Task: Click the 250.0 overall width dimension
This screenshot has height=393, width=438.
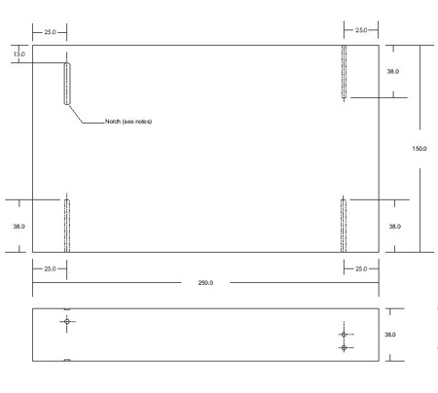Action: (205, 283)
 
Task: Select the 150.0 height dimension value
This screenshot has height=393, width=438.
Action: (420, 149)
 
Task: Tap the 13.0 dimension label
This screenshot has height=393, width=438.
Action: (19, 54)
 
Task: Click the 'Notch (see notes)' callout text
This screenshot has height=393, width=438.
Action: (128, 122)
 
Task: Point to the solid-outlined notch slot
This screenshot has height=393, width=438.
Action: (67, 84)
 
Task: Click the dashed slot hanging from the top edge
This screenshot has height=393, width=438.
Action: (344, 71)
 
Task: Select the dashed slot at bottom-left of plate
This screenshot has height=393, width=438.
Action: (67, 226)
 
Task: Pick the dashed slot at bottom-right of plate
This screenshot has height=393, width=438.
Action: (344, 226)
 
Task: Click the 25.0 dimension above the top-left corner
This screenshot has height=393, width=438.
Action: (50, 32)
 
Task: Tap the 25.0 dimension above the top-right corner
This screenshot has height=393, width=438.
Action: (361, 30)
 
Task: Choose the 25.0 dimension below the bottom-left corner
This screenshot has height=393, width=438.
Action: (50, 268)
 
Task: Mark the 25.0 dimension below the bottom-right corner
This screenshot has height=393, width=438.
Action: (361, 268)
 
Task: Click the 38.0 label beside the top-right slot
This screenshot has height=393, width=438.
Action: (393, 71)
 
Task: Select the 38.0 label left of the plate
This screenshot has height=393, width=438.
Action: (18, 227)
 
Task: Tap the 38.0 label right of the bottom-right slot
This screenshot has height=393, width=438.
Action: (395, 227)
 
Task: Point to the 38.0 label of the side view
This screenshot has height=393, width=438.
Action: (390, 335)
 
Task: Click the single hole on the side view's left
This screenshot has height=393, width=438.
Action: (67, 321)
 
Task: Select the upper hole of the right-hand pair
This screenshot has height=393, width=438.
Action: (344, 335)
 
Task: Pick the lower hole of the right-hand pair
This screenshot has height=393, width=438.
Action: (344, 347)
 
